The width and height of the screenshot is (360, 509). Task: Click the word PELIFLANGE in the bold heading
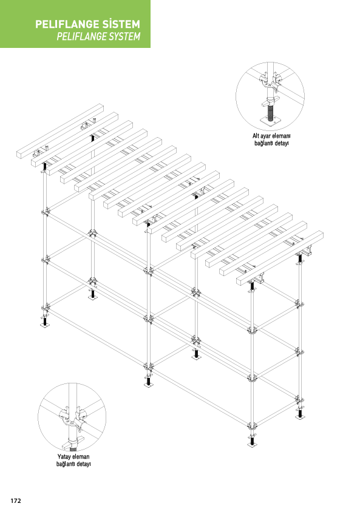point(67,24)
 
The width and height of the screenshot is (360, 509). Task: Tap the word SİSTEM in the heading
point(121,24)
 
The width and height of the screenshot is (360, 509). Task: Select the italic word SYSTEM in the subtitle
point(125,36)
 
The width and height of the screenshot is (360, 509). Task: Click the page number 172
point(16,501)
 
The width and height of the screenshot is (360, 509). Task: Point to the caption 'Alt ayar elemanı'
point(271,136)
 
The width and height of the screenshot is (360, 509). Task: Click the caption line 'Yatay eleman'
point(73,457)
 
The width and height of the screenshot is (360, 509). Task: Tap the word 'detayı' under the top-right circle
point(280,144)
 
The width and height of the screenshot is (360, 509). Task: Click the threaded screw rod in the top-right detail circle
point(270,112)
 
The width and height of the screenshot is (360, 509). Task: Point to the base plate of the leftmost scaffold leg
point(44,325)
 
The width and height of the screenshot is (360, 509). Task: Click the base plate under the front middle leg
point(149,385)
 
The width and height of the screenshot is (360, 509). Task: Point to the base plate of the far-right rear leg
point(299,417)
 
